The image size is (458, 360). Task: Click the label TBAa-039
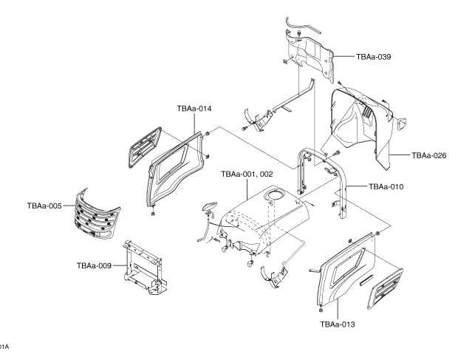pyautogui.click(x=375, y=56)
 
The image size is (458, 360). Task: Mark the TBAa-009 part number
pyautogui.click(x=94, y=263)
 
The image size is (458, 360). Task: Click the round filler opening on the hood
pyautogui.click(x=278, y=195)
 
